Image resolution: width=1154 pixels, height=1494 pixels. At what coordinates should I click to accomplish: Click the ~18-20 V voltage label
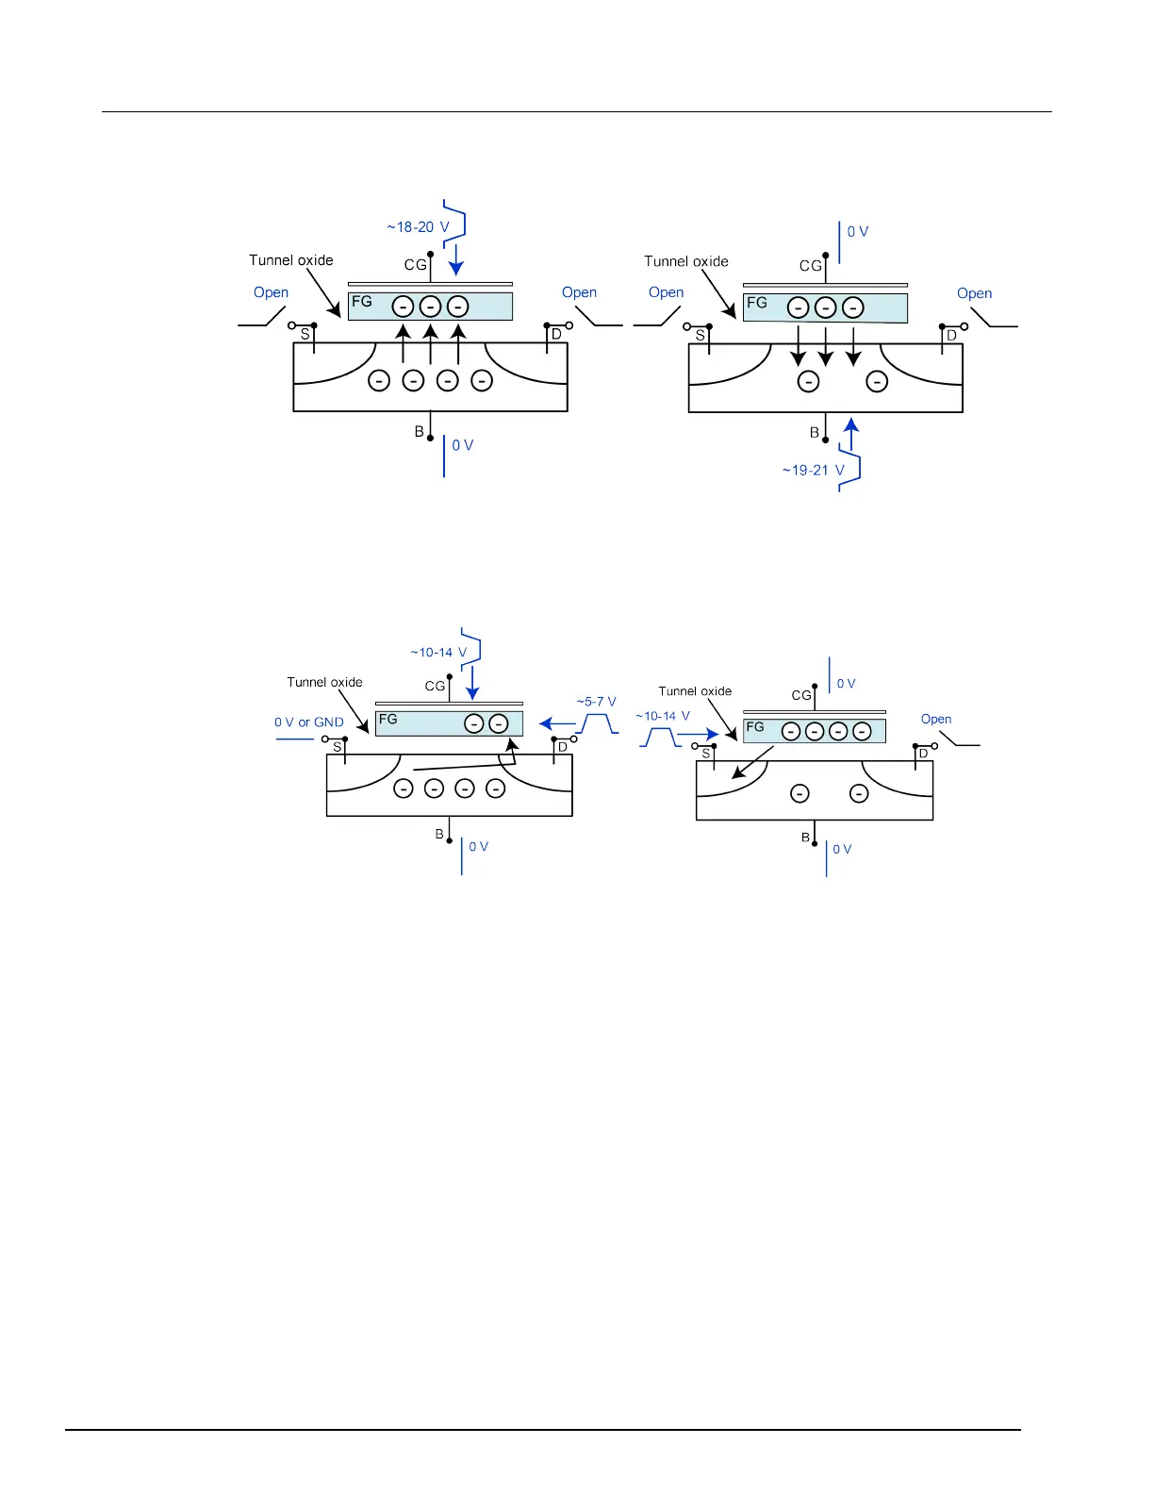(x=418, y=227)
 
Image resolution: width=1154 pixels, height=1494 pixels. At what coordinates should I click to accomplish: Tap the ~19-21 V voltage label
(x=813, y=470)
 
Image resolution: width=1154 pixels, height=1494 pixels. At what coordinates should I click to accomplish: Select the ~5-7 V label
(x=596, y=702)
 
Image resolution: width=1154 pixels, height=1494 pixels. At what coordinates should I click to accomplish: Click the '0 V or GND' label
(x=308, y=722)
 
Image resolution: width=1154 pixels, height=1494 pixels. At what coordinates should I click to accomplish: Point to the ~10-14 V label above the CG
(x=438, y=653)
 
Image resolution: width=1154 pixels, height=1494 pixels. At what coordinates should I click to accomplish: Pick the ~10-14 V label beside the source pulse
(x=663, y=716)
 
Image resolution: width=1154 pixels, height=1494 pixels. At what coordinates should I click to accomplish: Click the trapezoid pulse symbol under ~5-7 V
(x=597, y=724)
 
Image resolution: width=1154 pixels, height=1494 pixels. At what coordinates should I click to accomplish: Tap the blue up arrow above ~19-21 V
(x=851, y=436)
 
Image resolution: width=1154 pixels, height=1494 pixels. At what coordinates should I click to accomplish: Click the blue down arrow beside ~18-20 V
(x=456, y=259)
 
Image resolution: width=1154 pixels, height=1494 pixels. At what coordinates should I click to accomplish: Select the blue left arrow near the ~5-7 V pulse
(x=555, y=724)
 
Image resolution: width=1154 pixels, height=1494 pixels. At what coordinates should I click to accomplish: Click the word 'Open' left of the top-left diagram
(x=271, y=292)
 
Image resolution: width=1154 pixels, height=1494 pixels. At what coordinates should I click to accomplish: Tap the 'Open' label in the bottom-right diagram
(x=936, y=719)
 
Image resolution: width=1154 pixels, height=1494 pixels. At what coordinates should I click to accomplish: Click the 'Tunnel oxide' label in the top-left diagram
(x=291, y=260)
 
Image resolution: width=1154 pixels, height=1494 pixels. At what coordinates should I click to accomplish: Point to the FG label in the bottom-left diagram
(x=387, y=719)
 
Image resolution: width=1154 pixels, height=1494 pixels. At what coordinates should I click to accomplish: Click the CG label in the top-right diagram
(x=811, y=266)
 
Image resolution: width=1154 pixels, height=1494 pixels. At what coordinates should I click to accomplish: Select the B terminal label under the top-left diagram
(x=420, y=432)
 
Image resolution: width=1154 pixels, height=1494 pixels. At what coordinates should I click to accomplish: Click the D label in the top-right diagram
(x=951, y=335)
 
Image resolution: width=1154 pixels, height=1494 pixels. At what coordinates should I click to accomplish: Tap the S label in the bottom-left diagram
(x=337, y=747)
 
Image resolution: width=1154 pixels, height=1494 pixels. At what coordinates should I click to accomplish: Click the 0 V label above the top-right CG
(x=858, y=231)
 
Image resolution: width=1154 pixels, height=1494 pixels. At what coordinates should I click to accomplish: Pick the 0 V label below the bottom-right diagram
(x=842, y=849)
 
